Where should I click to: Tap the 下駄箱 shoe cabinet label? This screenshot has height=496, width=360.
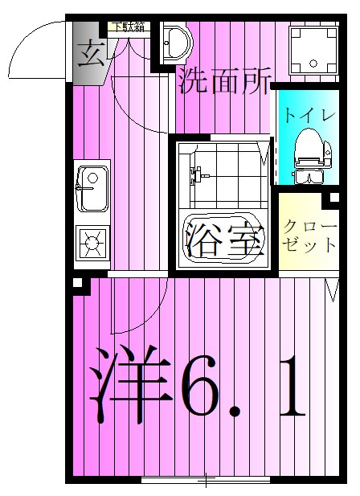[x=129, y=27]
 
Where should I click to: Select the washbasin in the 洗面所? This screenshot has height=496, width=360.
[x=174, y=43]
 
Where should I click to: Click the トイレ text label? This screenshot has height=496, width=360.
[x=309, y=115]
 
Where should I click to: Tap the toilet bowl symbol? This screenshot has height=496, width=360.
[x=309, y=153]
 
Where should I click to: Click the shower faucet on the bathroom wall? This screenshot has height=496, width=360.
[x=194, y=174]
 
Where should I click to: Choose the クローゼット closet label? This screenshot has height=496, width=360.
[x=310, y=236]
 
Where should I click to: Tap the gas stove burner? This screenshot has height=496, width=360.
[x=92, y=240]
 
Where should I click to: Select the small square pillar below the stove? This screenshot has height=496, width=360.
[x=77, y=283]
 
